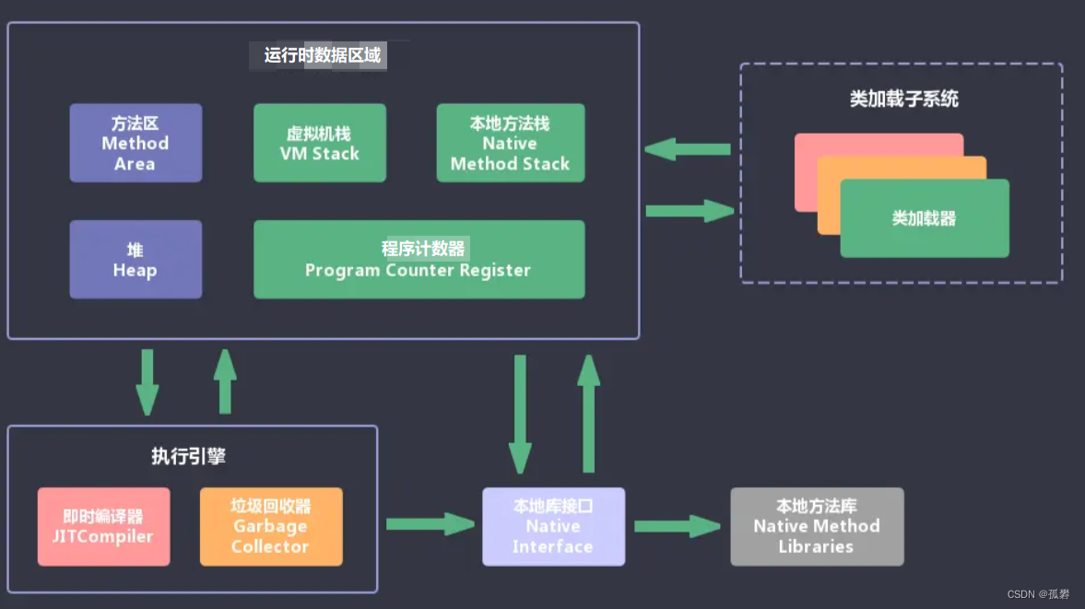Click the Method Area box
[x=136, y=143]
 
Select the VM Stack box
[x=319, y=143]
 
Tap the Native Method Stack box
[x=510, y=143]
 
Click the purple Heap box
[x=136, y=260]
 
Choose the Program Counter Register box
[x=419, y=260]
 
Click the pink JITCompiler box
[x=103, y=527]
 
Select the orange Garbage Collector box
[x=270, y=527]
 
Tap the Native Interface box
[x=553, y=527]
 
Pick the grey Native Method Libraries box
[x=817, y=527]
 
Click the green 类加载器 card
[x=924, y=219]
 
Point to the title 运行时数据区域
[x=322, y=55]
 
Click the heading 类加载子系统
[x=903, y=99]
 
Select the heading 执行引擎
[x=188, y=456]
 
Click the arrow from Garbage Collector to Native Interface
[x=429, y=524]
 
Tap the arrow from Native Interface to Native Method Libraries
[x=677, y=526]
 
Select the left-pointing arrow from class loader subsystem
[x=688, y=149]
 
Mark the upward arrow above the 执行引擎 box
[x=225, y=381]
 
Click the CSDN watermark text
[x=1038, y=594]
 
